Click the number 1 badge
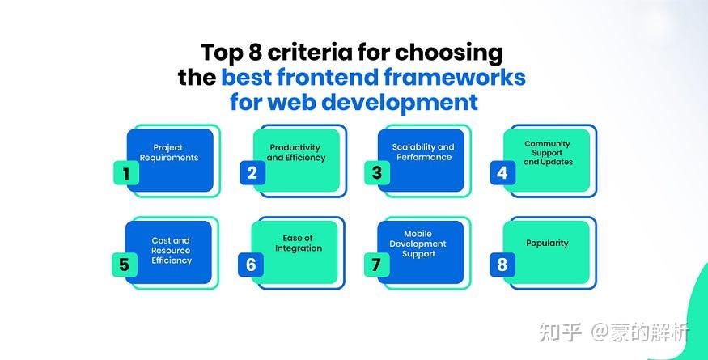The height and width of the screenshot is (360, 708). (x=125, y=173)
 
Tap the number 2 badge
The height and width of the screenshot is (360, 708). (x=252, y=173)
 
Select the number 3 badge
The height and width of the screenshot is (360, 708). (x=376, y=173)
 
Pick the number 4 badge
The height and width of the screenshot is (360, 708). (x=502, y=173)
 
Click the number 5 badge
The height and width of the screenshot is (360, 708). (x=124, y=265)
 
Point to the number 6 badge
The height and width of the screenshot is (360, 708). (x=251, y=265)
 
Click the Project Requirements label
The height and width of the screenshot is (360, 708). (x=168, y=153)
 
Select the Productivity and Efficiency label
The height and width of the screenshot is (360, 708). (x=295, y=153)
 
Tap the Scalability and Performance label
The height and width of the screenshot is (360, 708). (x=423, y=152)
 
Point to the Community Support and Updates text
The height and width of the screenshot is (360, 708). (x=547, y=153)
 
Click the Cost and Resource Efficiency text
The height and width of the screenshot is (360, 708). (x=171, y=251)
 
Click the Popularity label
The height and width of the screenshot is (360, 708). (x=547, y=243)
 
